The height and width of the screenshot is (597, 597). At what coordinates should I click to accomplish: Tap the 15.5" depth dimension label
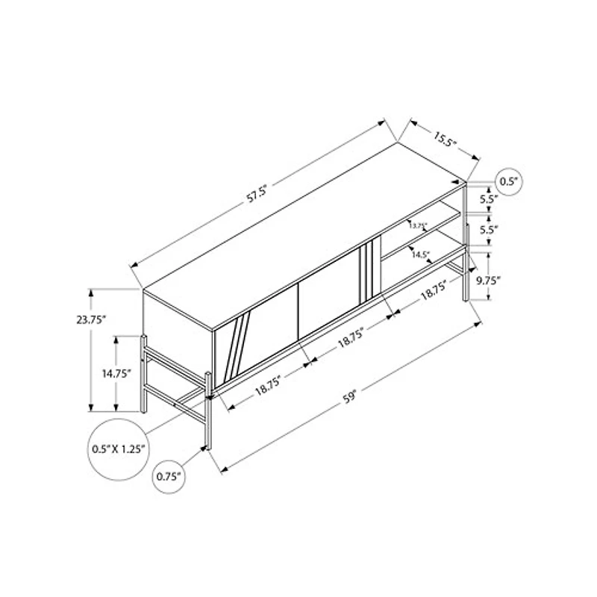click(443, 138)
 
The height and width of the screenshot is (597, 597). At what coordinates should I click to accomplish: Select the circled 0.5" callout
click(509, 181)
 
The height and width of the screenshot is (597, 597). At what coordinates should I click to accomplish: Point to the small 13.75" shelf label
click(418, 225)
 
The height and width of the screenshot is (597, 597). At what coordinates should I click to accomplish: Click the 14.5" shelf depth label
click(420, 254)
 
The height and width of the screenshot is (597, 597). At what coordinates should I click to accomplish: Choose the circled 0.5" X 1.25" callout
click(116, 449)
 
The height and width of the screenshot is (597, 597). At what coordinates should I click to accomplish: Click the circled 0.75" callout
click(171, 475)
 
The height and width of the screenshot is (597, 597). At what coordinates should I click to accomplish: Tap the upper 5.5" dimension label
click(489, 199)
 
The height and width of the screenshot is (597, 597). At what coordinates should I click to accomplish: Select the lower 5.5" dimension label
click(489, 230)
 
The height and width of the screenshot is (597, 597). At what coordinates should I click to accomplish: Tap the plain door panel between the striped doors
click(328, 306)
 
